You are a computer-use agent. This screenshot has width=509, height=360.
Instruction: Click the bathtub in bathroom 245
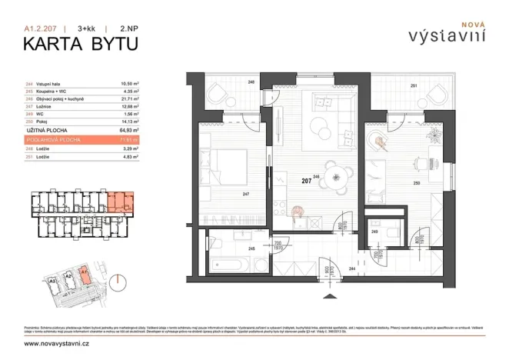pos(231,265)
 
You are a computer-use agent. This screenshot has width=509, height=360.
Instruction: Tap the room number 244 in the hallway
pos(351,269)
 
